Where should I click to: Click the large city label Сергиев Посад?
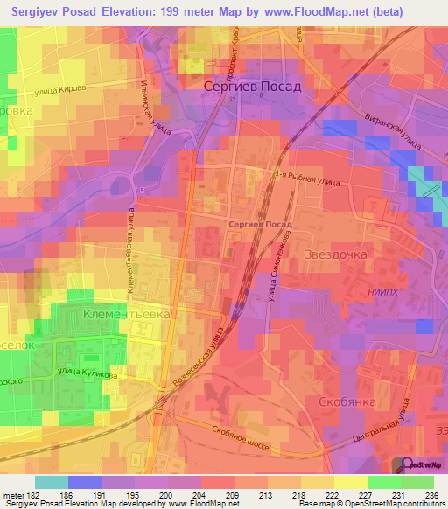pyautogui.click(x=252, y=87)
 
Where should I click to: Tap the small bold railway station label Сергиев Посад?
pyautogui.click(x=259, y=224)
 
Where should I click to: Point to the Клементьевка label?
pyautogui.click(x=126, y=312)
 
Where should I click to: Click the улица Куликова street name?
pyautogui.click(x=87, y=373)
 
